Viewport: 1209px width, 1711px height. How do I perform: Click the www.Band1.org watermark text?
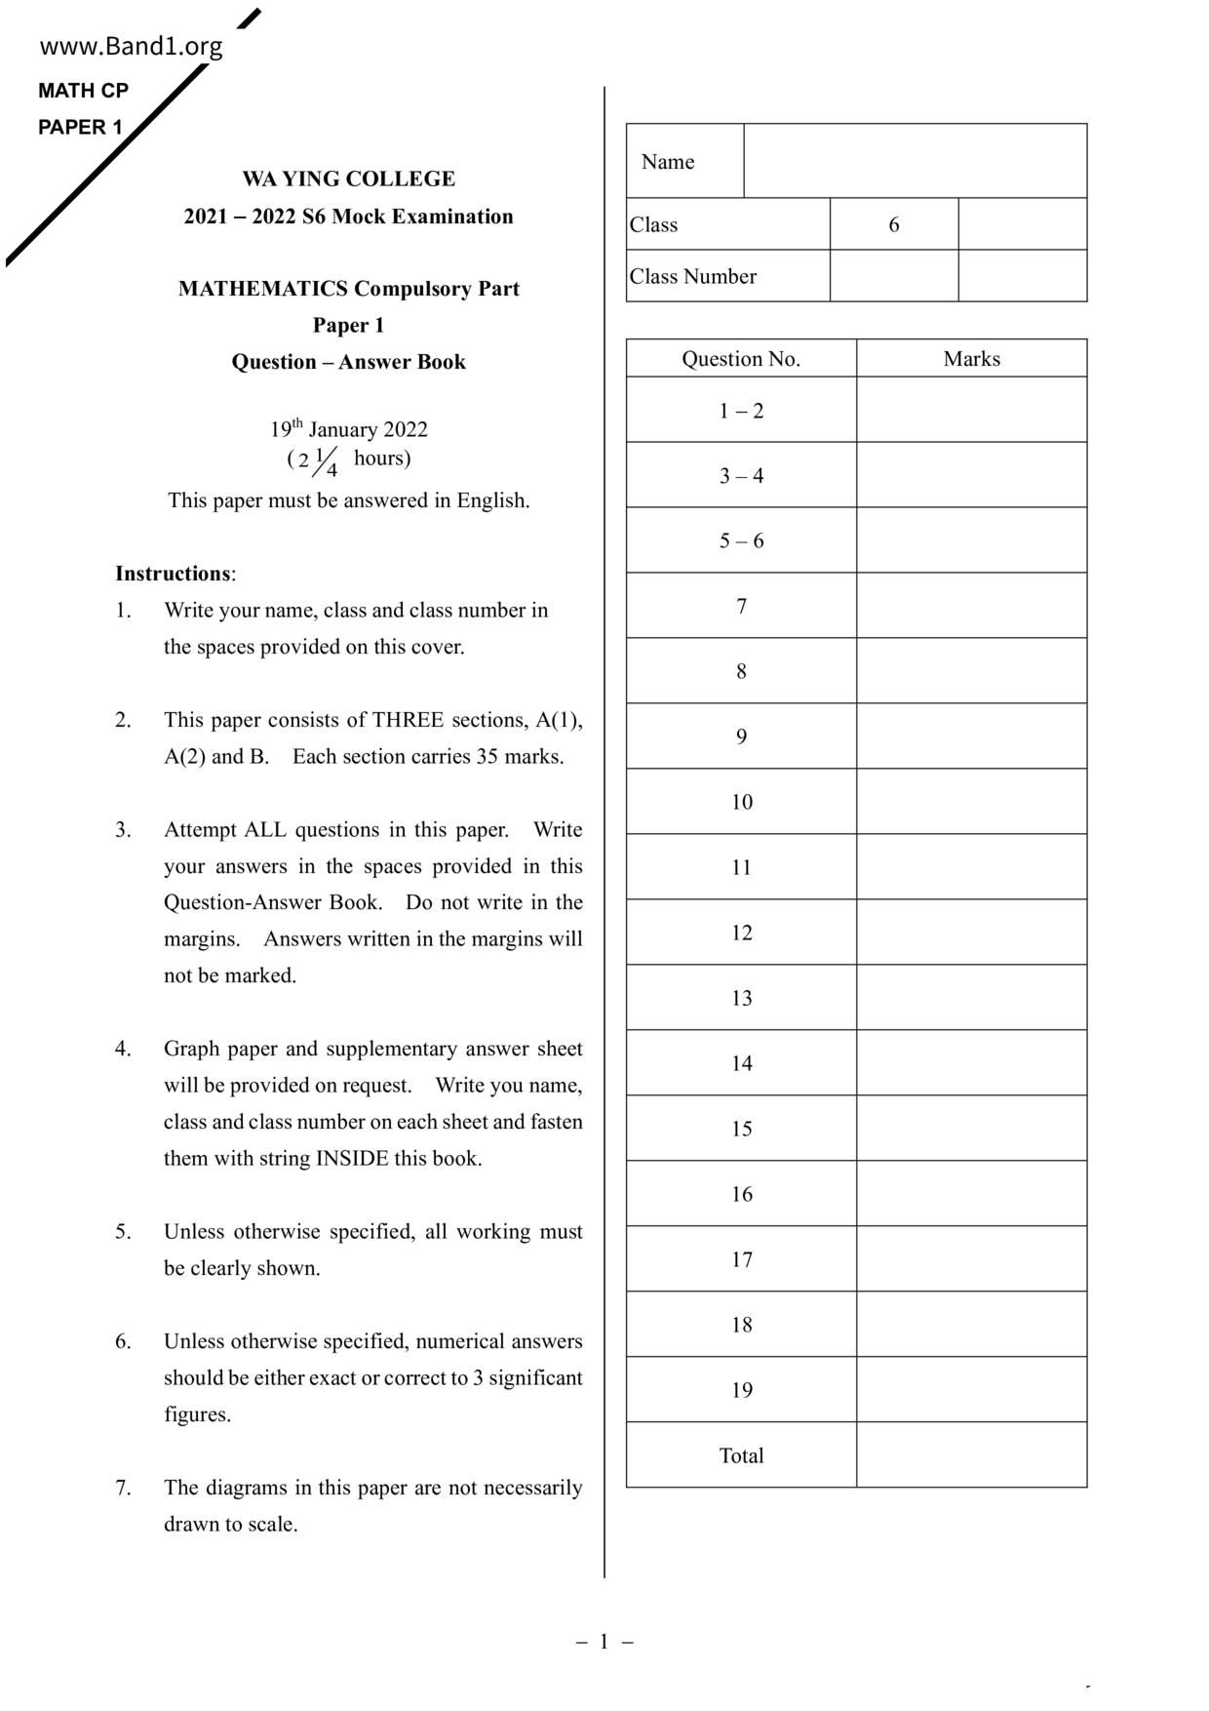(x=131, y=46)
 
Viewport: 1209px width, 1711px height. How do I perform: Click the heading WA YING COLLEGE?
(x=348, y=179)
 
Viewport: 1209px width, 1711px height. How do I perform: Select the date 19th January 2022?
(x=348, y=429)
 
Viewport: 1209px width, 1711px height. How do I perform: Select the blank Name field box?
(x=915, y=161)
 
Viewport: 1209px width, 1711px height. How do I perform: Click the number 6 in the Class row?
(x=893, y=224)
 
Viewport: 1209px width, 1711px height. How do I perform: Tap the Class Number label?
(x=693, y=276)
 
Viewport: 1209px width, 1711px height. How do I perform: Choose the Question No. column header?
(x=741, y=359)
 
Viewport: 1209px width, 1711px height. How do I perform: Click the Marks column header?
(x=971, y=359)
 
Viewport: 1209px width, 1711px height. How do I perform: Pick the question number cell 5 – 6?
(x=741, y=540)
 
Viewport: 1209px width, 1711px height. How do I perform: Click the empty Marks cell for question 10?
(x=971, y=802)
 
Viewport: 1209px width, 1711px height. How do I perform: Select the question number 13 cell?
(x=741, y=998)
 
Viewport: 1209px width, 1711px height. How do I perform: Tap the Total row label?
(x=741, y=1455)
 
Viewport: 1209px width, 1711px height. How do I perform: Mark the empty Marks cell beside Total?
(x=971, y=1455)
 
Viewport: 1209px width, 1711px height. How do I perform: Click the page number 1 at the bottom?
(x=604, y=1642)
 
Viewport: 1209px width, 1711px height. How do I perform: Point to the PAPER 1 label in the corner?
(x=80, y=127)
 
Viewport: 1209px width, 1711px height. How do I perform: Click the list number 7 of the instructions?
(x=123, y=1488)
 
